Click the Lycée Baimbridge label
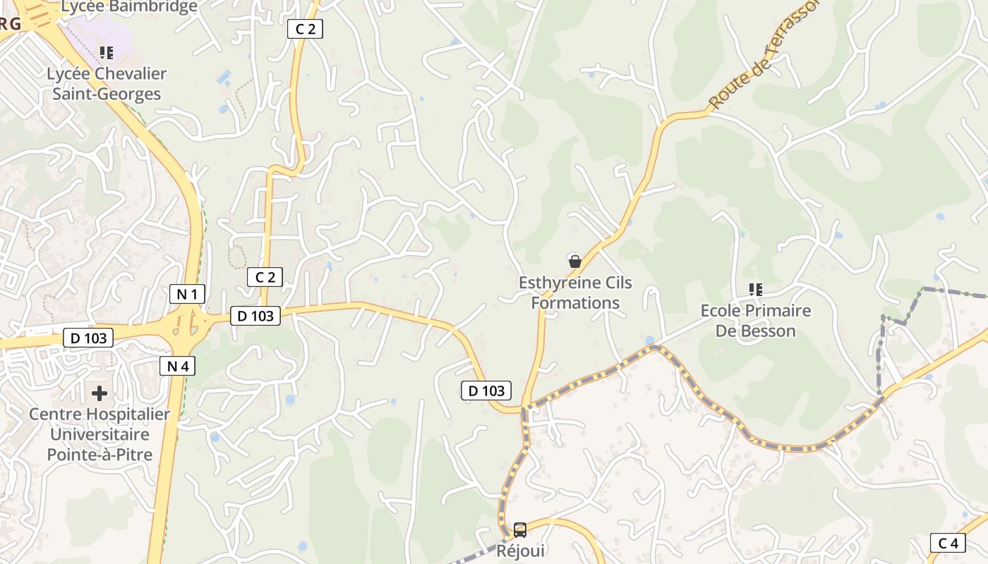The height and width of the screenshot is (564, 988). (129, 7)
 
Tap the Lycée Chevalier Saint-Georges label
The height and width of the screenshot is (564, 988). (107, 84)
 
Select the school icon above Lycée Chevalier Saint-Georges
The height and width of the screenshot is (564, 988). (107, 53)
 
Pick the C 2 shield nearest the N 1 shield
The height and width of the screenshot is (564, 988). (265, 277)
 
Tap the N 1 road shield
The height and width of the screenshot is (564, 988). (187, 294)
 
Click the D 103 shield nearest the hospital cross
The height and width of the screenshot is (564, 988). (88, 338)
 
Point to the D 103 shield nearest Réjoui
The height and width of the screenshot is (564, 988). (486, 391)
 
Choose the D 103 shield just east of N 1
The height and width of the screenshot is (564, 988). (255, 316)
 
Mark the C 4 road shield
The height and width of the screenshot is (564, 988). (948, 543)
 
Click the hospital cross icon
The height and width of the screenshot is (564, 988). (100, 393)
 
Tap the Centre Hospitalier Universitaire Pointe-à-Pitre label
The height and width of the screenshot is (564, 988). (100, 434)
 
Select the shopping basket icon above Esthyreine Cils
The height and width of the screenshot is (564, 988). (575, 262)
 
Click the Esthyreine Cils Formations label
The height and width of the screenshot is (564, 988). (575, 293)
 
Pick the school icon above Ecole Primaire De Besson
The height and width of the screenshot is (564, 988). (756, 289)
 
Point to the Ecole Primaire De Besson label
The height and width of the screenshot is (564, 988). (755, 321)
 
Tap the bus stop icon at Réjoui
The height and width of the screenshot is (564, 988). (520, 529)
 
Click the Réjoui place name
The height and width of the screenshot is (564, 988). (521, 551)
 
